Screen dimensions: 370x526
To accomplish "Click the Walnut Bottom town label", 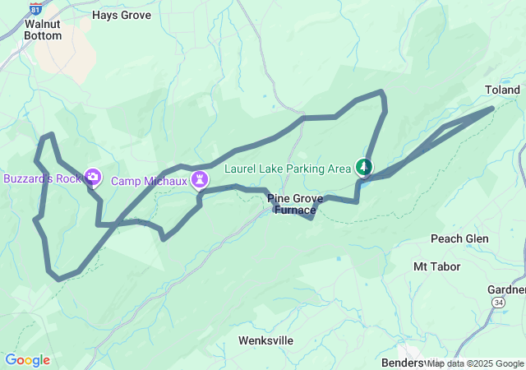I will click(x=43, y=30).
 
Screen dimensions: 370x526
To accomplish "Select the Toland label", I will click(x=502, y=89).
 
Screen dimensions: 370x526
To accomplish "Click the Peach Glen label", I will click(x=459, y=238).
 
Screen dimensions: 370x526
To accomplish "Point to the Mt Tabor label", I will click(x=436, y=266).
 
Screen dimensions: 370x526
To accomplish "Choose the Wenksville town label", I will click(x=265, y=340).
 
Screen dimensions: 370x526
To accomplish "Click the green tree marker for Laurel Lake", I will click(x=362, y=167).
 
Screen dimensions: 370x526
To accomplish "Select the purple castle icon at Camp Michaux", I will click(x=200, y=178).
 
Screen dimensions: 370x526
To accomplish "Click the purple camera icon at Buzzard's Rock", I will click(x=93, y=177).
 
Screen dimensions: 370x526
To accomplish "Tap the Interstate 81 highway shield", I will click(x=35, y=7).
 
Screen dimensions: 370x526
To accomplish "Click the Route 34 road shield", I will click(x=499, y=303).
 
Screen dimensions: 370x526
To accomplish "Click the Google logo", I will click(x=27, y=360).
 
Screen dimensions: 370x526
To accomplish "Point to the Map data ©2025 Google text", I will click(x=475, y=363).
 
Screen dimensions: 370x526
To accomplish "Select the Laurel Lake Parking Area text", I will click(x=288, y=169).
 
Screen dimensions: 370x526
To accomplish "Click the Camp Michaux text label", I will click(x=149, y=181).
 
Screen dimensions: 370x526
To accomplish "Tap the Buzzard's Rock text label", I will click(x=41, y=178).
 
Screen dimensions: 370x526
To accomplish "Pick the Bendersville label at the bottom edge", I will click(x=403, y=362).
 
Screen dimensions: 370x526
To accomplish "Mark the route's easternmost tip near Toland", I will click(x=492, y=108).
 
